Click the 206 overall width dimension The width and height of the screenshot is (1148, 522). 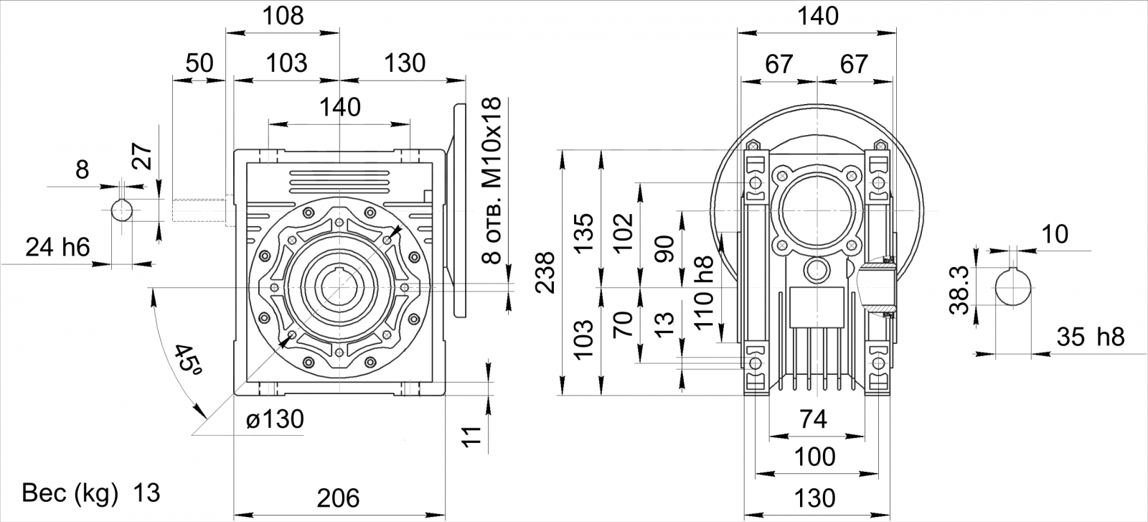[x=338, y=498]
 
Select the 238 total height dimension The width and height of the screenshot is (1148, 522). [x=545, y=273]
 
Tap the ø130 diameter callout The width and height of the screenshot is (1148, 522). [x=276, y=419]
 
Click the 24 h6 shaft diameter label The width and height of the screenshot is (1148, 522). [x=57, y=248]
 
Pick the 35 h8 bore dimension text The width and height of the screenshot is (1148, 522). [x=1091, y=337]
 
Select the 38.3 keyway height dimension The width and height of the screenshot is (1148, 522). [x=959, y=289]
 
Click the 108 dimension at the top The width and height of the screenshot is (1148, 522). [x=283, y=16]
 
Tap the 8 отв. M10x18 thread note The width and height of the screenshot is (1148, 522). [x=492, y=180]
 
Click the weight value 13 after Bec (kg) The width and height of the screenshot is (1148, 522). [x=146, y=493]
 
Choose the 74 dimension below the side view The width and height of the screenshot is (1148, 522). [x=814, y=419]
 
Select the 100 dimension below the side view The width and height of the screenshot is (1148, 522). [x=815, y=457]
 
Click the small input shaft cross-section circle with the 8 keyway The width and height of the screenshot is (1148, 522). [x=123, y=210]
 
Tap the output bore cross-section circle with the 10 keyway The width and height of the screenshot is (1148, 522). [x=1013, y=288]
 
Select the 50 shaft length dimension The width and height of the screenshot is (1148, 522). [x=199, y=63]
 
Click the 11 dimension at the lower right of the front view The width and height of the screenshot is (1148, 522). [x=473, y=437]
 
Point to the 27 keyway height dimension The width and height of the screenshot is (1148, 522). [x=143, y=157]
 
